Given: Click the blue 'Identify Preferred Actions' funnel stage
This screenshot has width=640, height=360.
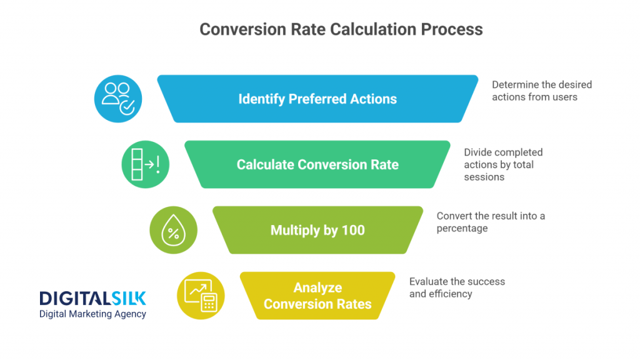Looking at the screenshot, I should click(317, 99).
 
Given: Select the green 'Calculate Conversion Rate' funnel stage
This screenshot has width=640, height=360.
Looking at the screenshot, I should click(317, 164).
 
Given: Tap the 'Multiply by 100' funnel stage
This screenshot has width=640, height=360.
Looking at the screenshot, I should click(317, 230).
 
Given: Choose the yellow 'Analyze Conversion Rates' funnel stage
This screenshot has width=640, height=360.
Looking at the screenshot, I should click(317, 296).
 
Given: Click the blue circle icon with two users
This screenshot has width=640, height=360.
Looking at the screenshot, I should click(118, 99).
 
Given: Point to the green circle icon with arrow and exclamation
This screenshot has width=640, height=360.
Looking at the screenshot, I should click(146, 164).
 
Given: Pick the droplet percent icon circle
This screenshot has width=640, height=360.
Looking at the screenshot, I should click(173, 230).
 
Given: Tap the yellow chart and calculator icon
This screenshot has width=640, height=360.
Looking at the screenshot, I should click(201, 296).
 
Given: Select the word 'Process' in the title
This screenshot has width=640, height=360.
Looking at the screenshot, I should click(452, 29).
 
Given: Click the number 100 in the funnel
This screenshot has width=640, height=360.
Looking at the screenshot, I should click(353, 230).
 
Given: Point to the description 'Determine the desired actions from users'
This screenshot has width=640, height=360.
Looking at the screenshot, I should click(541, 91).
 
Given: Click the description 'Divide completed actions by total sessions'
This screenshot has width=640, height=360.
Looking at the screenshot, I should click(503, 164).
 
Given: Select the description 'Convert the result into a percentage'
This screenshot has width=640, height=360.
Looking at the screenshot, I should click(491, 222).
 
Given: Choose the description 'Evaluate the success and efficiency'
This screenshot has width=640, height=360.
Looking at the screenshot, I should click(457, 287).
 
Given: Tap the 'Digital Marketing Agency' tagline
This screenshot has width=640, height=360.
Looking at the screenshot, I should click(92, 314).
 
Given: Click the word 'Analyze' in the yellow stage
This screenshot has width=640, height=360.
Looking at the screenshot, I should click(317, 287).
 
